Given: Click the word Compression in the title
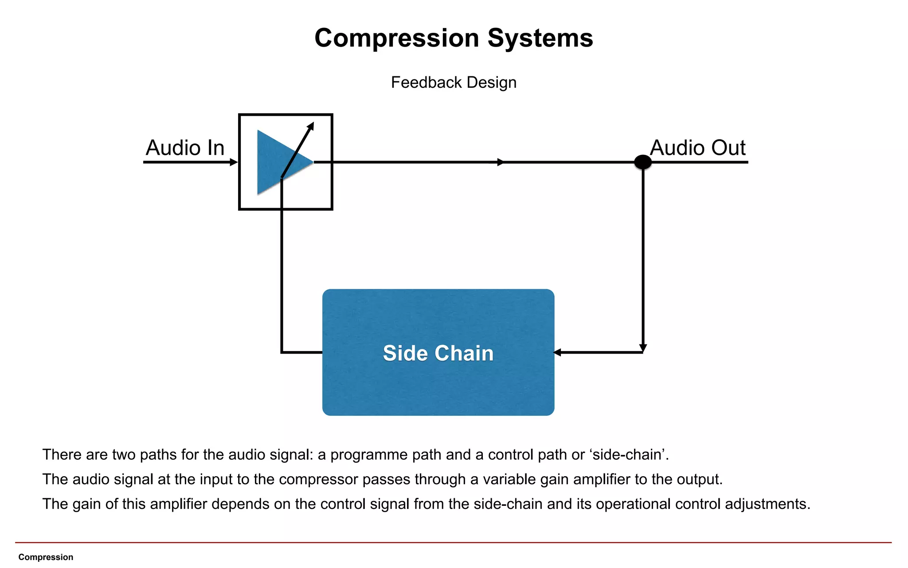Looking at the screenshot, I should (x=397, y=38).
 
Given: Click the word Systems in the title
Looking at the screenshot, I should (x=540, y=38).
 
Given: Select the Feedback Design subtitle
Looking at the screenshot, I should (x=454, y=83).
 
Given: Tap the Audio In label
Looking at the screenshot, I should (x=185, y=148).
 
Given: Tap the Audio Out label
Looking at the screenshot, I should (x=697, y=148).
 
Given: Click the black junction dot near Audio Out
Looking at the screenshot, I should (x=643, y=162).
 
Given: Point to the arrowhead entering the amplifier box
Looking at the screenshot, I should (x=234, y=162).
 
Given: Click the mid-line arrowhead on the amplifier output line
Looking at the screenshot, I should (x=501, y=162).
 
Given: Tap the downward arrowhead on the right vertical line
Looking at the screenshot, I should (x=643, y=348).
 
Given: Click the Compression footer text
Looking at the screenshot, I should (x=46, y=557).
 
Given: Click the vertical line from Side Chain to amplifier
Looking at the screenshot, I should (x=282, y=275).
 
